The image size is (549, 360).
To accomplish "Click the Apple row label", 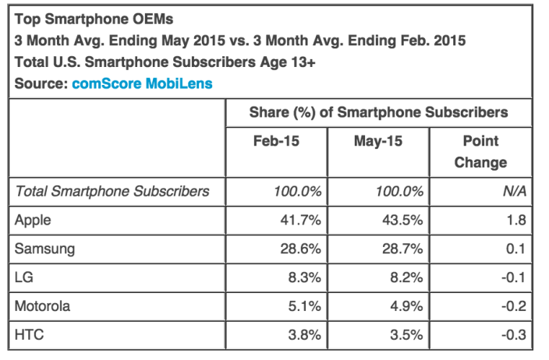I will tap(34, 220).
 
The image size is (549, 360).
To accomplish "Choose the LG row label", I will tap(24, 277).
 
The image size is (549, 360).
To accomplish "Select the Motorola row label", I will tap(43, 306).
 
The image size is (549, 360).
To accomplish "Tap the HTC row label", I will tap(29, 335).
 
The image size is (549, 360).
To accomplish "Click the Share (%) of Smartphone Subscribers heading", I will tap(378, 112).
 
